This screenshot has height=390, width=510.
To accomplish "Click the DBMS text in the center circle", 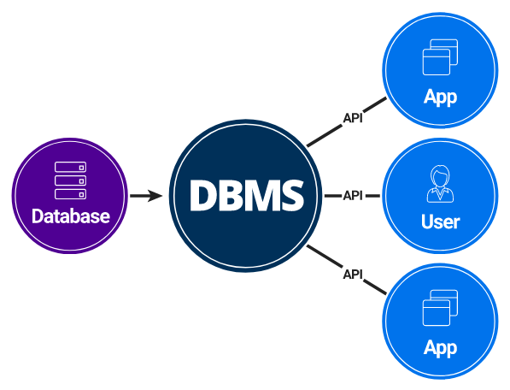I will click(x=246, y=196).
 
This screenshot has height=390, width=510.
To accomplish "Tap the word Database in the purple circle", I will click(x=70, y=216).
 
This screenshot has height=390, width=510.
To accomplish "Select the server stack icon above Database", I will click(x=70, y=180).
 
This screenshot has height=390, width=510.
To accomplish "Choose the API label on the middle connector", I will click(x=353, y=196).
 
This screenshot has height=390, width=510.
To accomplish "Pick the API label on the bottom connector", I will click(x=352, y=274).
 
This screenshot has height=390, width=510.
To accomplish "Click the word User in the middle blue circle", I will click(x=440, y=222).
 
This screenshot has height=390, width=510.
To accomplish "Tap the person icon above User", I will click(x=440, y=184).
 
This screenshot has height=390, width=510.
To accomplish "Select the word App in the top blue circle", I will click(x=440, y=96).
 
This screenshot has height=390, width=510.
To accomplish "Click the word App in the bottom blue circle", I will click(x=440, y=347).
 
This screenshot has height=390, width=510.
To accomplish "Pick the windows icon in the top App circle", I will click(x=440, y=57).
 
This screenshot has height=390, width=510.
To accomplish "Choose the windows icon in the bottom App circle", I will click(x=440, y=309).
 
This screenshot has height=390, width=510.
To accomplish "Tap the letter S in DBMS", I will click(x=290, y=196).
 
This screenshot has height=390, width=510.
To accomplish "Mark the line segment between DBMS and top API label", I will click(x=323, y=136).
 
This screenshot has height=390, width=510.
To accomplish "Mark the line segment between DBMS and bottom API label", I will click(x=323, y=256).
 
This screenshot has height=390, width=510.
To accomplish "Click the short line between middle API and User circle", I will click(x=373, y=196).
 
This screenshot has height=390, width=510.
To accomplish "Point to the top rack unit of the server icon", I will click(x=70, y=168).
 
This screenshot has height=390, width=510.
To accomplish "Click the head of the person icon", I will click(x=440, y=176).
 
